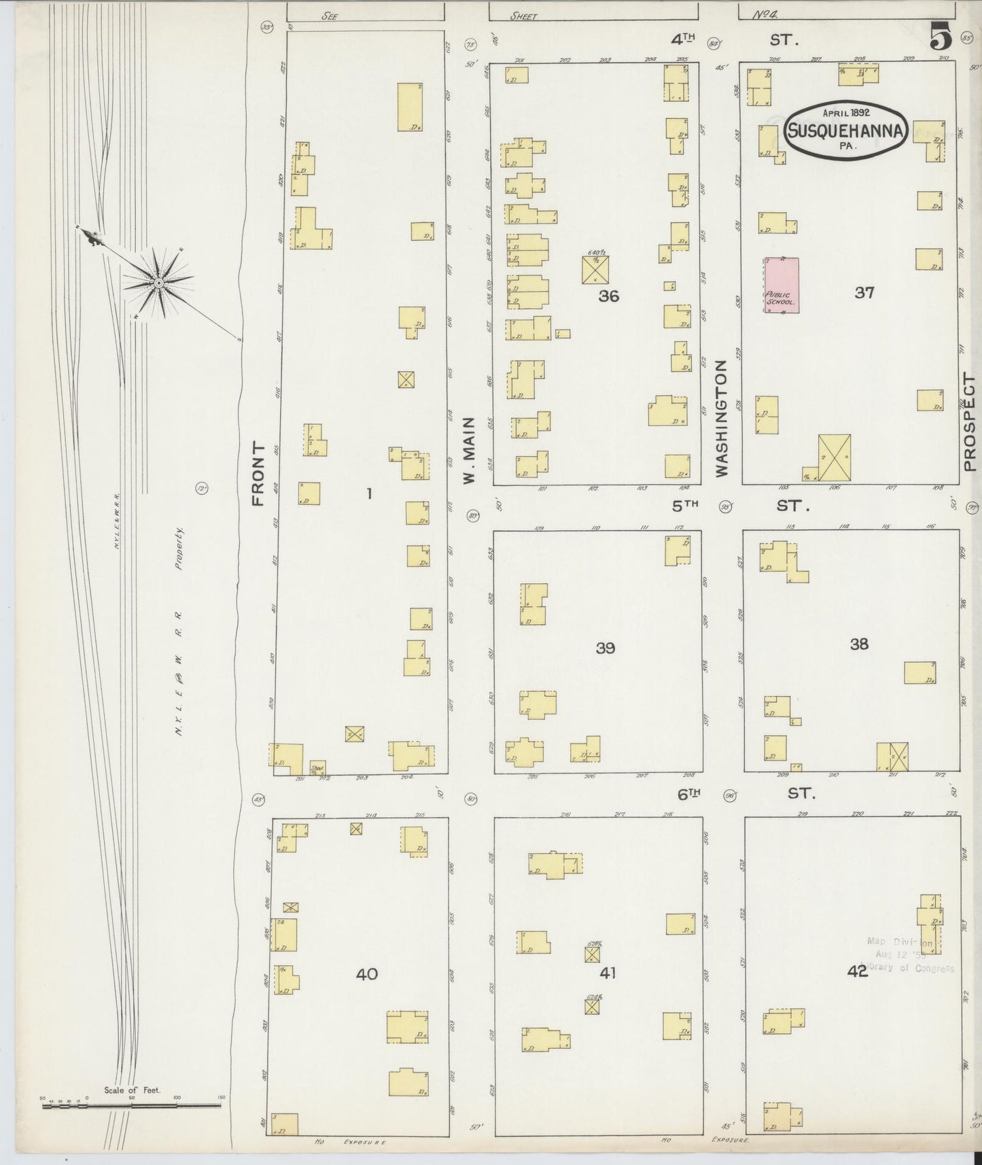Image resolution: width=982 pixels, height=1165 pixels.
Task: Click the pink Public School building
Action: pos(781,285)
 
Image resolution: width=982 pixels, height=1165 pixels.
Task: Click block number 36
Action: pos(608,296)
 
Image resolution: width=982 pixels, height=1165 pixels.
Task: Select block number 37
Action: pos(864,293)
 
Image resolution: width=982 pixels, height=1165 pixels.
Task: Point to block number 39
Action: pos(605,648)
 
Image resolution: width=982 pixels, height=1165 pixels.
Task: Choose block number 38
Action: pos(859,644)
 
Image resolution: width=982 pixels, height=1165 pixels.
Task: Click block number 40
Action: pos(367,974)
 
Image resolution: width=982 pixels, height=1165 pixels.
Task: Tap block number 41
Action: pos(607,973)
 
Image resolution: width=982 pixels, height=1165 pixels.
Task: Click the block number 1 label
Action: pos(369,494)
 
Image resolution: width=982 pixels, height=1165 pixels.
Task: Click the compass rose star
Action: pos(158,282)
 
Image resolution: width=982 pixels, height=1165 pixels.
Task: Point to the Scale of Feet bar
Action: pos(131,1107)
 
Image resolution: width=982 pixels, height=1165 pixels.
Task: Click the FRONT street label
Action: pos(257,473)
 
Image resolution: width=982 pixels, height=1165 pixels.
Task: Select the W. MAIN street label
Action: pos(468,460)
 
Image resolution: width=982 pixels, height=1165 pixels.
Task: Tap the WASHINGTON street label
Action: pos(721,417)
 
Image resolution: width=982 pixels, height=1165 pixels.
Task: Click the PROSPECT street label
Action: pos(969,423)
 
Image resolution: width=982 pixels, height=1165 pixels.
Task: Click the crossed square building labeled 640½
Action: pos(596,269)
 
